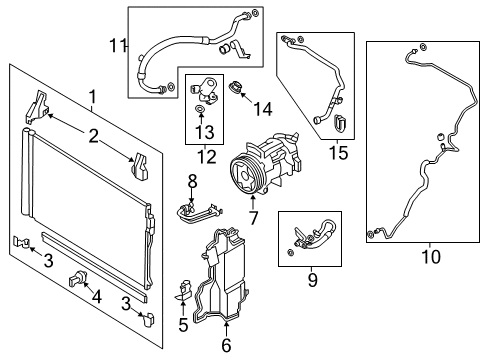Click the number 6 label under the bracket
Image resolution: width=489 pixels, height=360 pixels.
point(227,347)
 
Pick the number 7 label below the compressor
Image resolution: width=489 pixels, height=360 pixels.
point(253,216)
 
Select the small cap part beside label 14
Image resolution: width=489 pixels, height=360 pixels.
point(236,88)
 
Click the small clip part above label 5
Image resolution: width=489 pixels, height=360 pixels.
point(184,292)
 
